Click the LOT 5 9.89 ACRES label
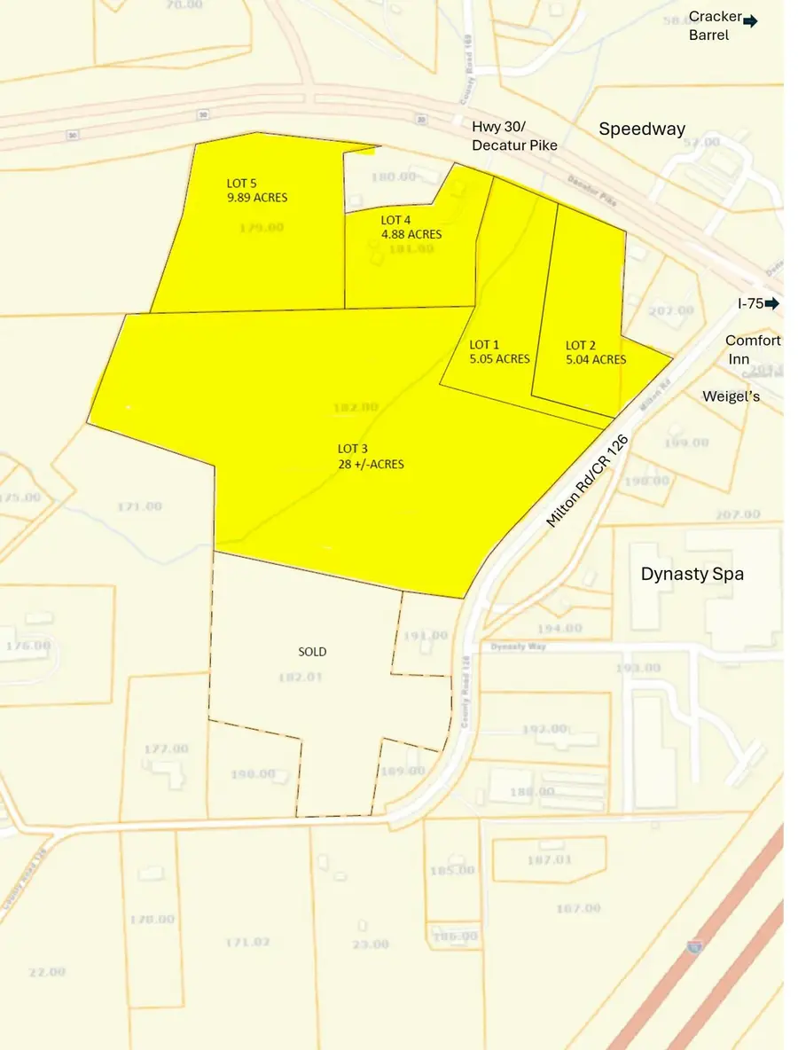pos(257,191)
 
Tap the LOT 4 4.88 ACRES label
pos(411,227)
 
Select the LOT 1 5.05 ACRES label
pos(499,352)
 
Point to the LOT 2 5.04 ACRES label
pos(596,352)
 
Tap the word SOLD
pos(312,652)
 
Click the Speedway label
pos(642,129)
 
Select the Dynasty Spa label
pos(692,574)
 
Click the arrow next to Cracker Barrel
pos(750,20)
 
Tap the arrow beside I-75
pos(771,303)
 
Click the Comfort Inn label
pos(753,349)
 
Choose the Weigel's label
pos(731,396)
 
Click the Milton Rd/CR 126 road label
pos(587,481)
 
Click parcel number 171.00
pos(139,506)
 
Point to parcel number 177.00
pos(166,748)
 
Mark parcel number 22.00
pos(46,972)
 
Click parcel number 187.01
pos(550,859)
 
